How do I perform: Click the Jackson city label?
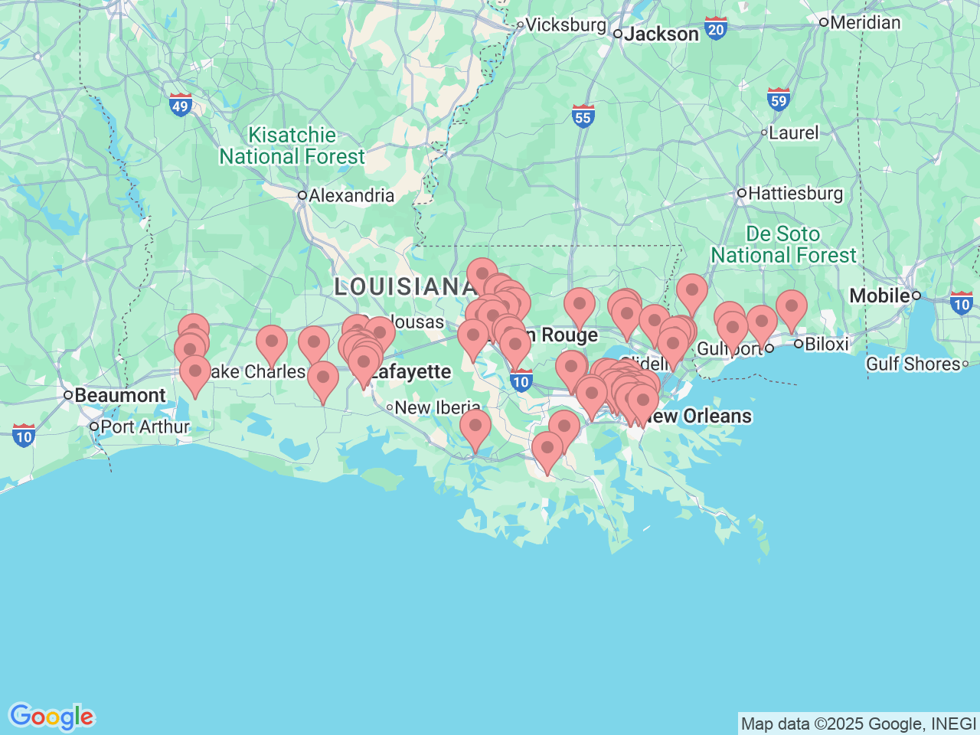pyautogui.click(x=661, y=34)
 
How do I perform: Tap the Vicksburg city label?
pyautogui.click(x=565, y=24)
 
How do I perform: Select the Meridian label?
pyautogui.click(x=864, y=22)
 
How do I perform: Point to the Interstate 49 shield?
pyautogui.click(x=180, y=106)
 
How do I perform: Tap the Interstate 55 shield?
pyautogui.click(x=583, y=116)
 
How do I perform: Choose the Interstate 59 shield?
pyautogui.click(x=779, y=100)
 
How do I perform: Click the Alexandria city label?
pyautogui.click(x=351, y=195)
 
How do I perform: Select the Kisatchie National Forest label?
pyautogui.click(x=292, y=145)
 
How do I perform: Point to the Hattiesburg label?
pyautogui.click(x=795, y=193)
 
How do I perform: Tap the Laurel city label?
pyautogui.click(x=793, y=132)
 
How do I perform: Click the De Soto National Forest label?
pyautogui.click(x=783, y=244)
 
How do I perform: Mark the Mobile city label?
pyautogui.click(x=879, y=295)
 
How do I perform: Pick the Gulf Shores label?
pyautogui.click(x=913, y=364)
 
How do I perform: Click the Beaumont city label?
pyautogui.click(x=119, y=395)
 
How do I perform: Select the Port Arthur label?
pyautogui.click(x=144, y=426)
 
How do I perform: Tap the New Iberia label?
pyautogui.click(x=436, y=407)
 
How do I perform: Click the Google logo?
pyautogui.click(x=51, y=717)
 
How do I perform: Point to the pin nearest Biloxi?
pyautogui.click(x=791, y=307)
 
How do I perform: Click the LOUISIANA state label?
pyautogui.click(x=404, y=286)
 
